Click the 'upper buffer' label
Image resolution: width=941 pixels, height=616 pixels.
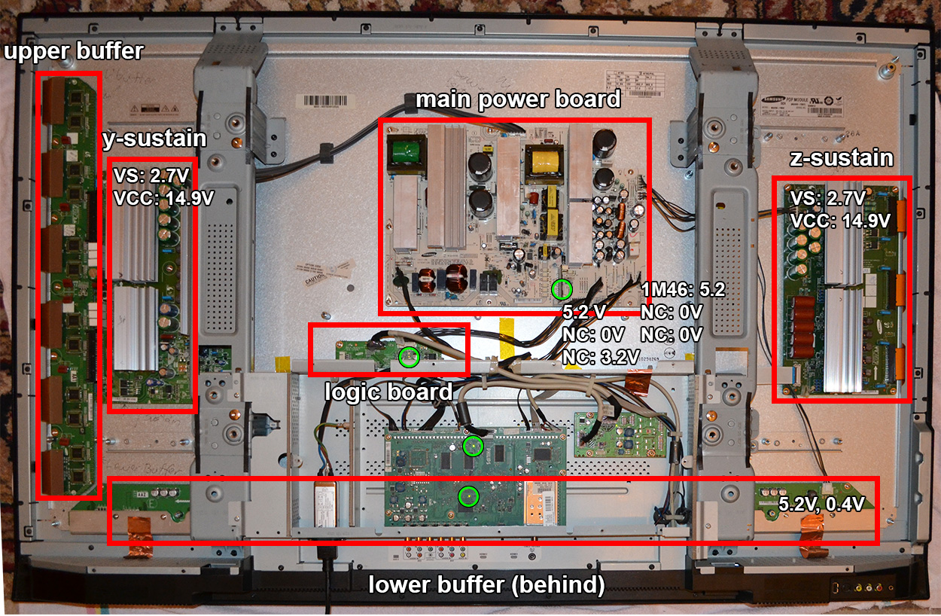click(x=74, y=52)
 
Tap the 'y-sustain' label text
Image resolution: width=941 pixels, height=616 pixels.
click(x=155, y=139)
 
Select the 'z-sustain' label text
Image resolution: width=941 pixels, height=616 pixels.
click(x=842, y=159)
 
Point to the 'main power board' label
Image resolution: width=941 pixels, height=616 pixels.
click(x=518, y=99)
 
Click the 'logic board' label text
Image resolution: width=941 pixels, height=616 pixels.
click(x=388, y=392)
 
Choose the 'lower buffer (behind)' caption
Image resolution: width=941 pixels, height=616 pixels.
click(x=486, y=585)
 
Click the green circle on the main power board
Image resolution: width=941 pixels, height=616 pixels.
click(x=562, y=288)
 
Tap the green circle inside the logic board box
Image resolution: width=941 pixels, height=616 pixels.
click(x=409, y=358)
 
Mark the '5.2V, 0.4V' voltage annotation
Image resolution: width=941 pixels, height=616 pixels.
click(x=821, y=502)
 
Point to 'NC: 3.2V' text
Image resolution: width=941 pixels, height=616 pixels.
click(x=601, y=355)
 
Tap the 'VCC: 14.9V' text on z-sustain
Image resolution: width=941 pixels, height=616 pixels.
click(x=840, y=221)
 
